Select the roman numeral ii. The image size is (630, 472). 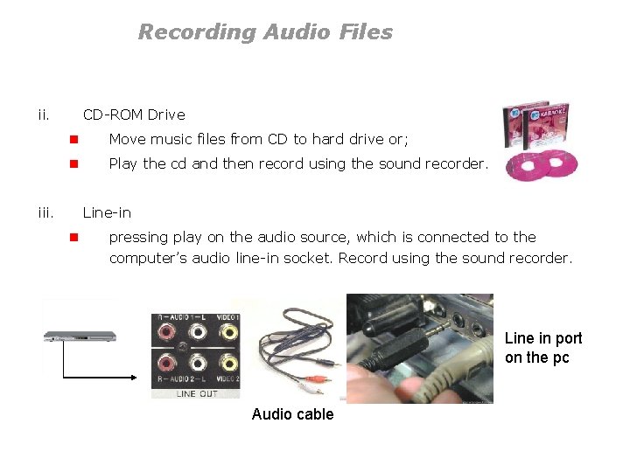coord(44,114)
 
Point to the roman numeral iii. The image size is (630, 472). coord(45,212)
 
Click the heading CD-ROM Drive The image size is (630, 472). coord(134,115)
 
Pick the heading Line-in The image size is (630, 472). coord(107,212)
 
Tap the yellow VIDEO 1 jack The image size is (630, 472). coord(227,331)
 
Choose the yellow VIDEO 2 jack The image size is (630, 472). coord(227,363)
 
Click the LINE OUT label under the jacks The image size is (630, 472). coord(198,392)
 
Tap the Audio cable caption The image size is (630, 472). coord(292,414)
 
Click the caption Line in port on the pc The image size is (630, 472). coord(542,348)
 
